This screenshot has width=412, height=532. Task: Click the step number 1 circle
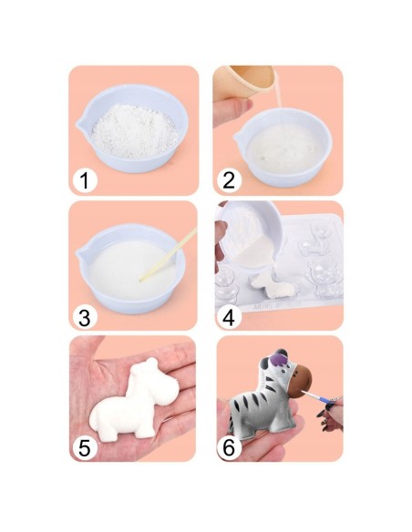click(x=85, y=181)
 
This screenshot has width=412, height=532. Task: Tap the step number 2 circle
click(x=229, y=180)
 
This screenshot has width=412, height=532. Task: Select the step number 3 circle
click(x=85, y=318)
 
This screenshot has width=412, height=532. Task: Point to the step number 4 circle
click(x=229, y=318)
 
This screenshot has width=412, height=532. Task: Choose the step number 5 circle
click(x=85, y=449)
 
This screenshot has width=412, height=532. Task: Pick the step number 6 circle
click(x=229, y=449)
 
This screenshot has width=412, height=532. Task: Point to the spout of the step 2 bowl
click(x=238, y=138)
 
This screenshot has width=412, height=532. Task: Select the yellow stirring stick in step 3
click(x=169, y=254)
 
